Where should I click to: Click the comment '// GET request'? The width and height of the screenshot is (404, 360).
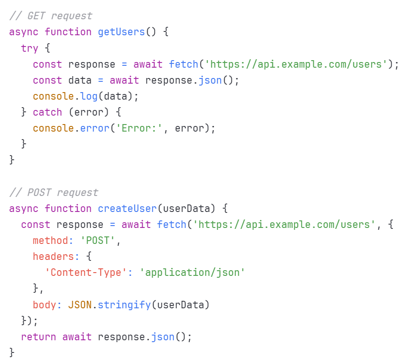[51, 16]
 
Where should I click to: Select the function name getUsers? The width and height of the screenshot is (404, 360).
[121, 32]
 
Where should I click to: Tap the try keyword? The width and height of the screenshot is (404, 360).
[30, 48]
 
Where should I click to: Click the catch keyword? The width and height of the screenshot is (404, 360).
[47, 112]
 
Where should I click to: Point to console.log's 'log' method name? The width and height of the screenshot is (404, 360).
[89, 96]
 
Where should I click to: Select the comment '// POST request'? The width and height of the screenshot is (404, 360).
[54, 193]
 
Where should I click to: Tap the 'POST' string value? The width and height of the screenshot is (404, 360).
[98, 241]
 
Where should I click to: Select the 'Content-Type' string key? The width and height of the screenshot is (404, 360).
[86, 273]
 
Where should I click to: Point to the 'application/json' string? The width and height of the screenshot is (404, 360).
[193, 273]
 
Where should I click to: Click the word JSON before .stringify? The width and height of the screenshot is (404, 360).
[80, 305]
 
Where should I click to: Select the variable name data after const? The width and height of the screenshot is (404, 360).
[80, 80]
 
